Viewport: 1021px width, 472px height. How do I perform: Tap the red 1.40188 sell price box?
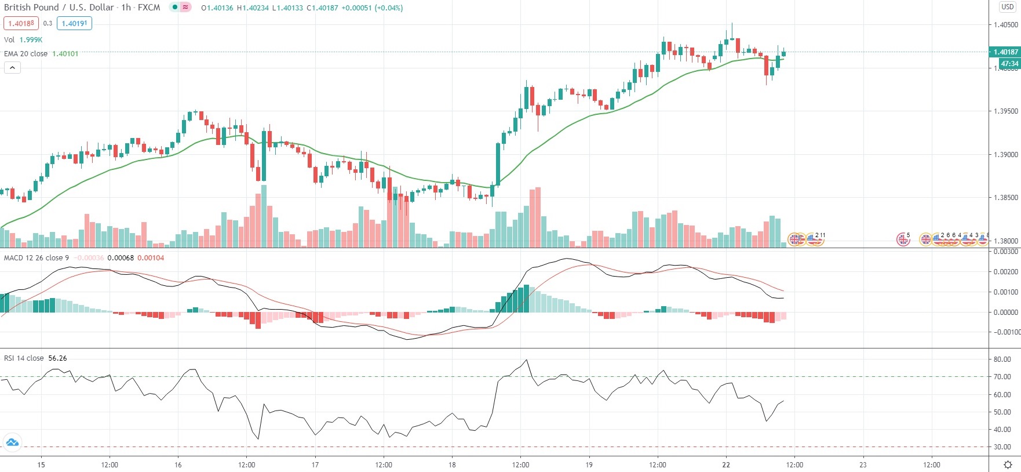(x=21, y=23)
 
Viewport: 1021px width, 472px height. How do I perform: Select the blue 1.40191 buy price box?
(x=74, y=23)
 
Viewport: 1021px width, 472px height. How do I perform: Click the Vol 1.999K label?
(x=23, y=39)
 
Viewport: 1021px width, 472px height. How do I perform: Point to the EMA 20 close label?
(x=26, y=53)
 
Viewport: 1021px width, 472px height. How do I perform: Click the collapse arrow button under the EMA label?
(x=12, y=68)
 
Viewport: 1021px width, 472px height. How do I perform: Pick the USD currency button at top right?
(x=1007, y=7)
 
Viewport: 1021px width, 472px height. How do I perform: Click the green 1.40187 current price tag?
(x=1005, y=52)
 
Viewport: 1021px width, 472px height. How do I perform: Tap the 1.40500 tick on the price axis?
(x=1005, y=25)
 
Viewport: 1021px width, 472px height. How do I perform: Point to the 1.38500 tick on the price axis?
(x=1005, y=198)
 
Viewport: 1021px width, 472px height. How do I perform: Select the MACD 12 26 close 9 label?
(x=37, y=258)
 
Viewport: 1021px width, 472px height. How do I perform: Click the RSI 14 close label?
(x=24, y=358)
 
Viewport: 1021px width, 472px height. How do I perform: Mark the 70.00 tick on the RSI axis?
(x=1002, y=377)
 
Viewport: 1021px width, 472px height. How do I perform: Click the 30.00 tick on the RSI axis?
(x=1002, y=447)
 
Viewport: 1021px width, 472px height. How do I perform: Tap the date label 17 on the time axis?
(x=315, y=464)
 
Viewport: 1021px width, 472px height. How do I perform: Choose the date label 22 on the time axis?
(x=726, y=464)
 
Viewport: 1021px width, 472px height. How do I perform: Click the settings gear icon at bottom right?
(x=1008, y=464)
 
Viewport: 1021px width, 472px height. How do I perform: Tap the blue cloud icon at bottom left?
(x=12, y=443)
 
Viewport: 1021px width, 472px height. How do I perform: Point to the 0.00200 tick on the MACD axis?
(x=1005, y=272)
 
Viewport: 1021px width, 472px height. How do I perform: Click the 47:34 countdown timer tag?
(x=1009, y=64)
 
